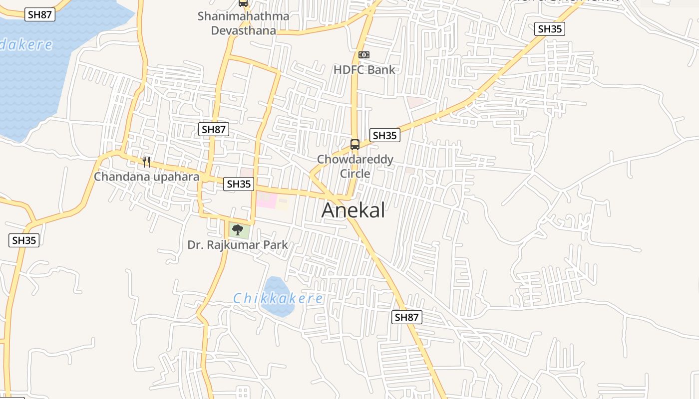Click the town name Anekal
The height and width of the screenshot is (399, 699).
coord(353,210)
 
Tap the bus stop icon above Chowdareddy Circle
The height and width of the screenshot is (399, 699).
coord(355,145)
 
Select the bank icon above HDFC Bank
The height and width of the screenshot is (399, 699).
coord(364,55)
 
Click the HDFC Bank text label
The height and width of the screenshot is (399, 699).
coord(364,70)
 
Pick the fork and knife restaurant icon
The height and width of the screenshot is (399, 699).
coord(146,162)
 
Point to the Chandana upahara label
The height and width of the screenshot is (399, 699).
coord(146,177)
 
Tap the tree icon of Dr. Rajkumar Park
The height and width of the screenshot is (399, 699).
coord(238,230)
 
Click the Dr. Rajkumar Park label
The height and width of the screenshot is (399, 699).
coord(238,245)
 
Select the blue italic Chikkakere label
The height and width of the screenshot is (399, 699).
coord(278,299)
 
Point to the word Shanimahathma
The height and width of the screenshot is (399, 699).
coord(243,16)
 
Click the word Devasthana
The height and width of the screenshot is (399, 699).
coord(243,30)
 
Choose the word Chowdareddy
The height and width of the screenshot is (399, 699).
coord(355,160)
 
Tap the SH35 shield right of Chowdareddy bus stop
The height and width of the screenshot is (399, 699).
coord(384,135)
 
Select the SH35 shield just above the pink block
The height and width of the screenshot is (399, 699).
coord(239,184)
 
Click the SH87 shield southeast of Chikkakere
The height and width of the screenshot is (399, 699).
coord(406,317)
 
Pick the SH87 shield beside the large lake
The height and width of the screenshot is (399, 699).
coord(40,14)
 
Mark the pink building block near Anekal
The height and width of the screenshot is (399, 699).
coord(266,201)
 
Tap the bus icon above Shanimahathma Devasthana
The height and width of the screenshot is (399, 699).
coord(243,3)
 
